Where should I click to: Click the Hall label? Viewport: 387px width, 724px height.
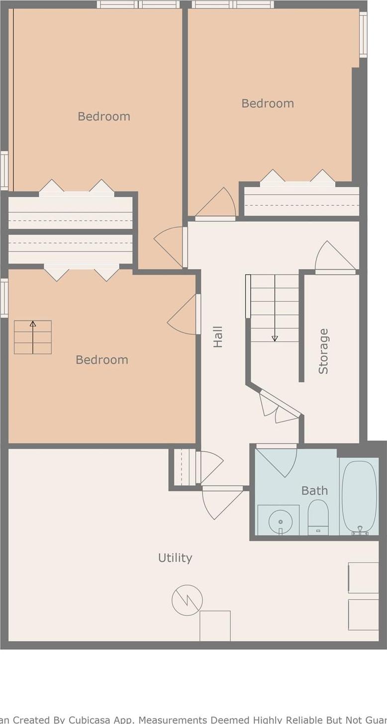pos(218,337)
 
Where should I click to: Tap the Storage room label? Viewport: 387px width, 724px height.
pos(323,351)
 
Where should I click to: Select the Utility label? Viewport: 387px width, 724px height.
pos(175,558)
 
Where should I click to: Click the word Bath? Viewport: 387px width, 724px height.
pos(314,490)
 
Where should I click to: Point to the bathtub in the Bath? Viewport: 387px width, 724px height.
pos(359,497)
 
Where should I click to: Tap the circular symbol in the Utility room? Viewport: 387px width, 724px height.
pos(187,600)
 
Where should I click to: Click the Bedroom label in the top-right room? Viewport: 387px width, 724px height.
pos(268,103)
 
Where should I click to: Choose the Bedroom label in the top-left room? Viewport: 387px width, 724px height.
pos(104,116)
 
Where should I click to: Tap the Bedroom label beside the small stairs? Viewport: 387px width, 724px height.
pos(102,360)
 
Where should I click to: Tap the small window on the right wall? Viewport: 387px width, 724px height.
pos(363,34)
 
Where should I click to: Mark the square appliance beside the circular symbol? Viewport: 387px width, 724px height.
pos(215,626)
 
